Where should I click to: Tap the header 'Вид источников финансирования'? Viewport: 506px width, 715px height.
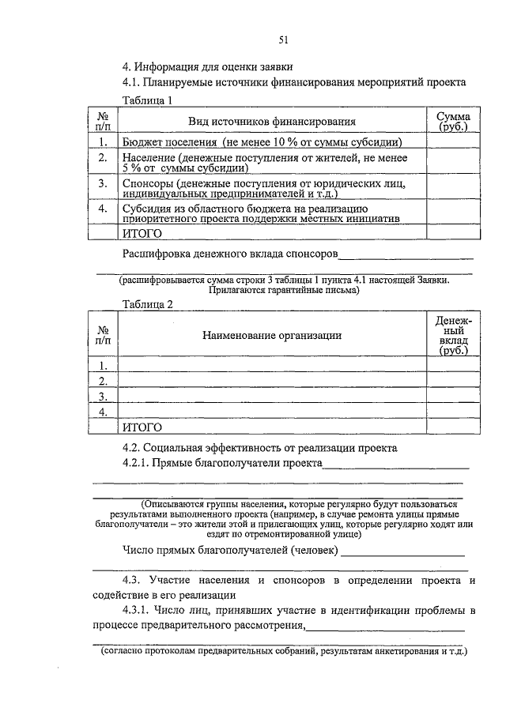pos(271,122)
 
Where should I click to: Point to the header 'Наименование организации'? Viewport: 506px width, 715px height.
pos(271,335)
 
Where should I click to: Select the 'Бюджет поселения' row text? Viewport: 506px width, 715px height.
pos(170,142)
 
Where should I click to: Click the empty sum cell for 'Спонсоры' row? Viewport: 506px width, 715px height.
pos(453,188)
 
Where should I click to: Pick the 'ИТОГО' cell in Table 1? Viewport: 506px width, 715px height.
pos(142,233)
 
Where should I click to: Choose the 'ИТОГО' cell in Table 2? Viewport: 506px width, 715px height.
pos(142,427)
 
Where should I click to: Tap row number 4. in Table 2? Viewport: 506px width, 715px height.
pos(102,412)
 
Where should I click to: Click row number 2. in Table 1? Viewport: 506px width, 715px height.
pos(102,159)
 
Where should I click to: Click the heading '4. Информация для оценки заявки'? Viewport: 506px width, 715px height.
pos(219,67)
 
